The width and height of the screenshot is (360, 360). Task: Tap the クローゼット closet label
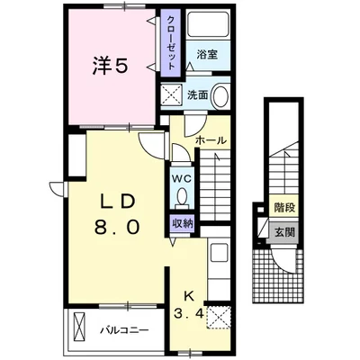[x=170, y=42]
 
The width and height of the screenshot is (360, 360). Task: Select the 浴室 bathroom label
[x=207, y=55]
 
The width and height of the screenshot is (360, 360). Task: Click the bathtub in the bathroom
[x=208, y=24]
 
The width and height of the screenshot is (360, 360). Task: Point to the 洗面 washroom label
[x=198, y=94]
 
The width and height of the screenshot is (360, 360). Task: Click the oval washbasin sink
[x=220, y=95]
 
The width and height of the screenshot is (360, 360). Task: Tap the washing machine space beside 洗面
[x=172, y=94]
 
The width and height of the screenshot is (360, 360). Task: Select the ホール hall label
[x=211, y=140]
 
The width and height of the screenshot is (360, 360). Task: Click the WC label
[x=181, y=179]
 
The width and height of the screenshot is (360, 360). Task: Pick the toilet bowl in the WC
[x=182, y=198]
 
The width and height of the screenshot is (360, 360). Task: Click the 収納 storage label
[x=182, y=223]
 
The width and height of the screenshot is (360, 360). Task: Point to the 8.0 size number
[x=117, y=227]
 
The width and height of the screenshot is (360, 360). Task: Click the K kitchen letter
[x=188, y=297]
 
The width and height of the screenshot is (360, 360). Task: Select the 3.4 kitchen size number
[x=189, y=314]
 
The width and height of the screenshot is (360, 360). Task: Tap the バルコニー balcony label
[x=124, y=331]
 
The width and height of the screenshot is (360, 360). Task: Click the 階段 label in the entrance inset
[x=284, y=207]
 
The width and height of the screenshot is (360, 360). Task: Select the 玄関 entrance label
[x=284, y=232]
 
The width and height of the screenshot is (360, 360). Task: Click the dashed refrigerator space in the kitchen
[x=219, y=317]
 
